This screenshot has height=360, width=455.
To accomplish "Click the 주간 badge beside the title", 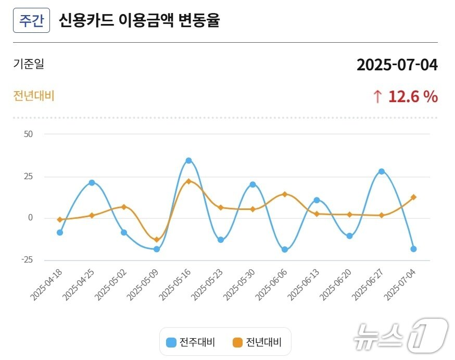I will pyautogui.click(x=31, y=21).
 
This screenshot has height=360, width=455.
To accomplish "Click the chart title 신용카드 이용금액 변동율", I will pyautogui.click(x=140, y=21).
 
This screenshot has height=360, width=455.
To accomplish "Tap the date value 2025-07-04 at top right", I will pyautogui.click(x=397, y=65).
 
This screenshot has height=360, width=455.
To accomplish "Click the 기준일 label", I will pyautogui.click(x=29, y=64).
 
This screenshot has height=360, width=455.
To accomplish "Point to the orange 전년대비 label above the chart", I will pyautogui.click(x=34, y=96).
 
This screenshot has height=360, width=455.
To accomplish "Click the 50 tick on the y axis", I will pyautogui.click(x=28, y=134).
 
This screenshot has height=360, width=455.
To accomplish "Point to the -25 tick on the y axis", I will pyautogui.click(x=27, y=260).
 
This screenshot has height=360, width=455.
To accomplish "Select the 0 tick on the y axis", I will pyautogui.click(x=30, y=218).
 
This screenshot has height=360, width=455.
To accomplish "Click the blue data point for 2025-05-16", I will pyautogui.click(x=188, y=160).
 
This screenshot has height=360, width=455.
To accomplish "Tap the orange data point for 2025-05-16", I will pyautogui.click(x=188, y=181).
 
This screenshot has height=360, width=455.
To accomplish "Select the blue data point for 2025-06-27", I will pyautogui.click(x=382, y=171).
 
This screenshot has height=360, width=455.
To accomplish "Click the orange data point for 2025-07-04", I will pyautogui.click(x=413, y=197).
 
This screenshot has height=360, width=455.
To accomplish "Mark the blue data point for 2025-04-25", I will pyautogui.click(x=92, y=182).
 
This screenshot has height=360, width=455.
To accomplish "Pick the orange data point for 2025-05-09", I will pyautogui.click(x=156, y=240).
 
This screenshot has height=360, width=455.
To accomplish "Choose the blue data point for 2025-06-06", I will pyautogui.click(x=285, y=250).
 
